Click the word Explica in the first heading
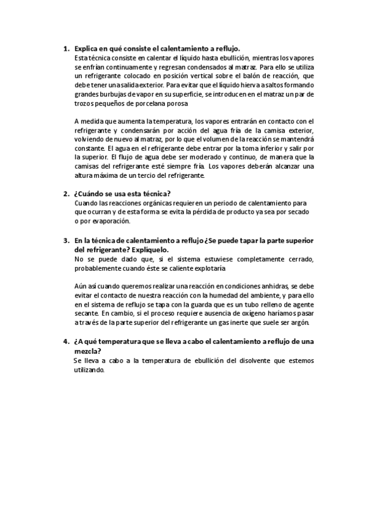pos(87,49)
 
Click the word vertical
pos(199,76)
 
